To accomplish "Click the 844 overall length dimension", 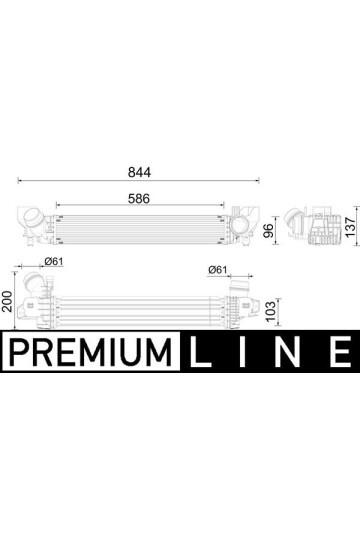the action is tap(139, 172).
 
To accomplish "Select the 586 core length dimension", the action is tap(139, 199).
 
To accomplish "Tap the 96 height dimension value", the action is tap(268, 230).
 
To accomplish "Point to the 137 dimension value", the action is tap(350, 227).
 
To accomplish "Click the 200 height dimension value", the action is tap(7, 301).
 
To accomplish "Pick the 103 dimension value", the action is tap(270, 311).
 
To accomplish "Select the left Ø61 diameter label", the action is tap(54, 261).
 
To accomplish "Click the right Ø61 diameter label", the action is tap(218, 270).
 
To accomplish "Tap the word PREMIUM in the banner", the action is tap(91, 352).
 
